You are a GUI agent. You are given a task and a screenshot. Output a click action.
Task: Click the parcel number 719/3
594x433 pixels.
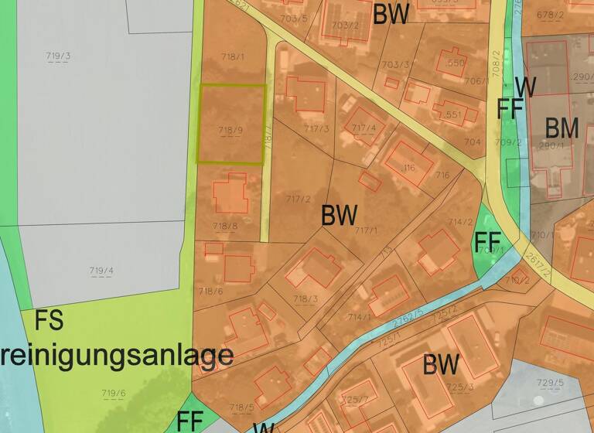[x=58, y=56]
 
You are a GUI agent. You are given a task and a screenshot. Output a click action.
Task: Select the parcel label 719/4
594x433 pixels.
[x=101, y=271]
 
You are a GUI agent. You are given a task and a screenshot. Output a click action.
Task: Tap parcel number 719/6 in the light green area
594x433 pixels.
[x=113, y=394]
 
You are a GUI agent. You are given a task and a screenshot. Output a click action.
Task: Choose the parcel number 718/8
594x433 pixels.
[x=224, y=225]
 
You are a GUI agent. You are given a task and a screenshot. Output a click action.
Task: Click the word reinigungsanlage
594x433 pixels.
[x=116, y=355]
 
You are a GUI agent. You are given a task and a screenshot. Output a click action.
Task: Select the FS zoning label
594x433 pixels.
[x=49, y=320]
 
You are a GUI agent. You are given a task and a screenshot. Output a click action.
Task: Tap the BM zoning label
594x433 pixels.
[x=562, y=128]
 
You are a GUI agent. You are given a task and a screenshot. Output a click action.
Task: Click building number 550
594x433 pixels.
[x=456, y=63]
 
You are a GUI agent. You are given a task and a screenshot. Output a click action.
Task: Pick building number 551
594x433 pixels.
[x=452, y=115]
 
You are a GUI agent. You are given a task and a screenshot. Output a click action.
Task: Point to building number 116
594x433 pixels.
[x=408, y=167]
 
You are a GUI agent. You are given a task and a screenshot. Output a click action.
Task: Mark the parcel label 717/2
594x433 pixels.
[x=297, y=199]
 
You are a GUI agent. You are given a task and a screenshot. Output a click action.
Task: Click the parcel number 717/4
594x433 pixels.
[x=364, y=128]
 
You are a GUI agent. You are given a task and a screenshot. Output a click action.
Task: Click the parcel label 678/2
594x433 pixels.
[x=550, y=14]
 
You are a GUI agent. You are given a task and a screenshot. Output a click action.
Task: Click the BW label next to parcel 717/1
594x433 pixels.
[x=339, y=215]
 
